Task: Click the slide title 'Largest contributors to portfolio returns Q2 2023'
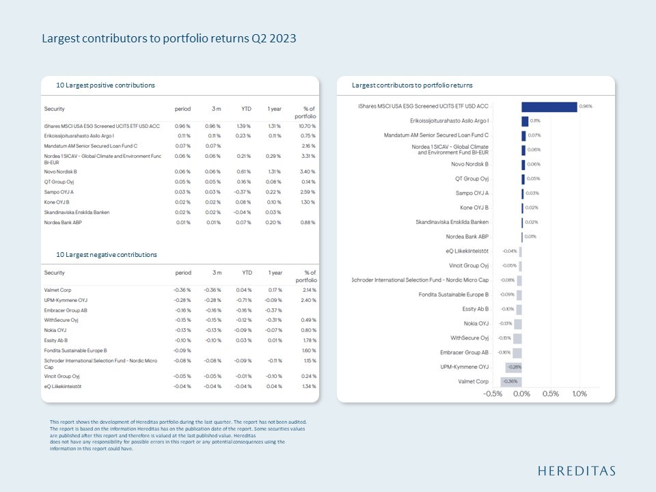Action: click(169, 38)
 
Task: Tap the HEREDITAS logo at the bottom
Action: click(577, 471)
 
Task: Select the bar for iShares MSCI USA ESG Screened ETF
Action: click(549, 107)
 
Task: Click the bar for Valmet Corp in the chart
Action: click(510, 381)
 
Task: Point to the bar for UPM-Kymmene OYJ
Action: click(513, 367)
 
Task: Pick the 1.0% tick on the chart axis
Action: click(579, 394)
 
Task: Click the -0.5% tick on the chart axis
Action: click(493, 394)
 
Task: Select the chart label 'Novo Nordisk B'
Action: click(470, 164)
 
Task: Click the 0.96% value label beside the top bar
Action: click(586, 107)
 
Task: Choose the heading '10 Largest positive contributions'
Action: click(105, 85)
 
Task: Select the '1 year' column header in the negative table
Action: click(275, 273)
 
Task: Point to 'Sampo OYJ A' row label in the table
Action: click(59, 193)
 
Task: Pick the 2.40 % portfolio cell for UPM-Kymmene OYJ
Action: click(307, 300)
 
